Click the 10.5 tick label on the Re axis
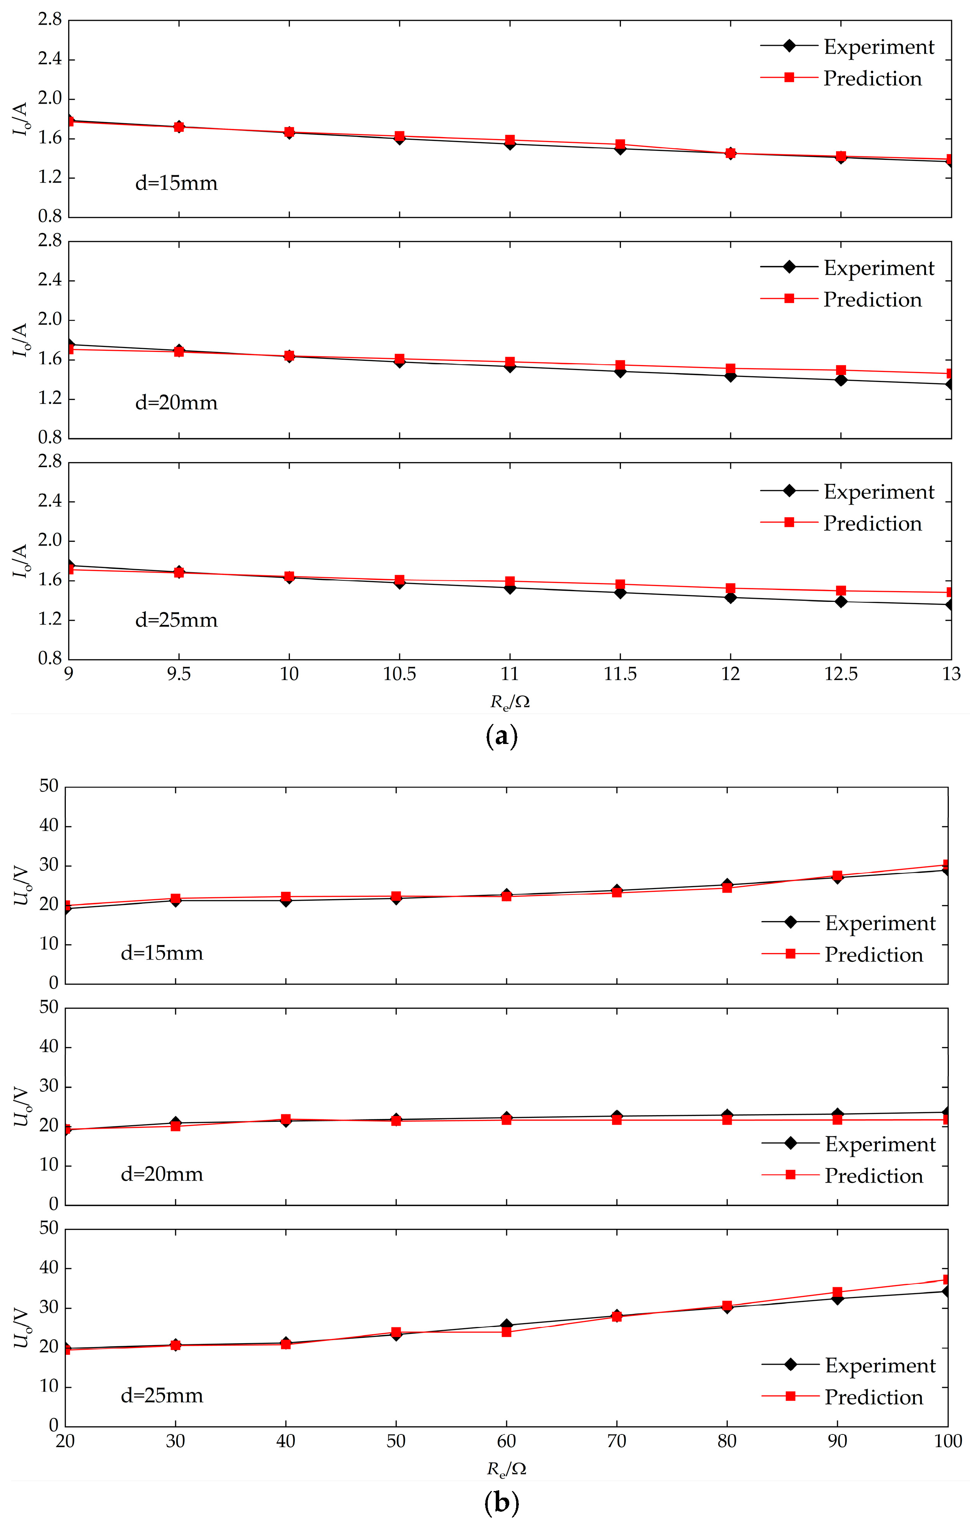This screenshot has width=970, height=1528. pos(399,674)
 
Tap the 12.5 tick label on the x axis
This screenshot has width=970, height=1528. pos(841,674)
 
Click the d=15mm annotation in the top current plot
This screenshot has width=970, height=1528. pos(176,183)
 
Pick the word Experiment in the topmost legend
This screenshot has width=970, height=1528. pos(879,47)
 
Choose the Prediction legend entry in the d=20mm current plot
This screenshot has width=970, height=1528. pos(872,300)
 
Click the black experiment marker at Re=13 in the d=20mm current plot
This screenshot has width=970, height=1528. pos(950,384)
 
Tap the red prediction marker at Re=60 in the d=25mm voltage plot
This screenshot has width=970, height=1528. pos(506,1332)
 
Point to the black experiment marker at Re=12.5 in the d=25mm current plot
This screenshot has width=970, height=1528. pos(841,601)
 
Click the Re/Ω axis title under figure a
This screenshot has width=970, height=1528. pos(509,702)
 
